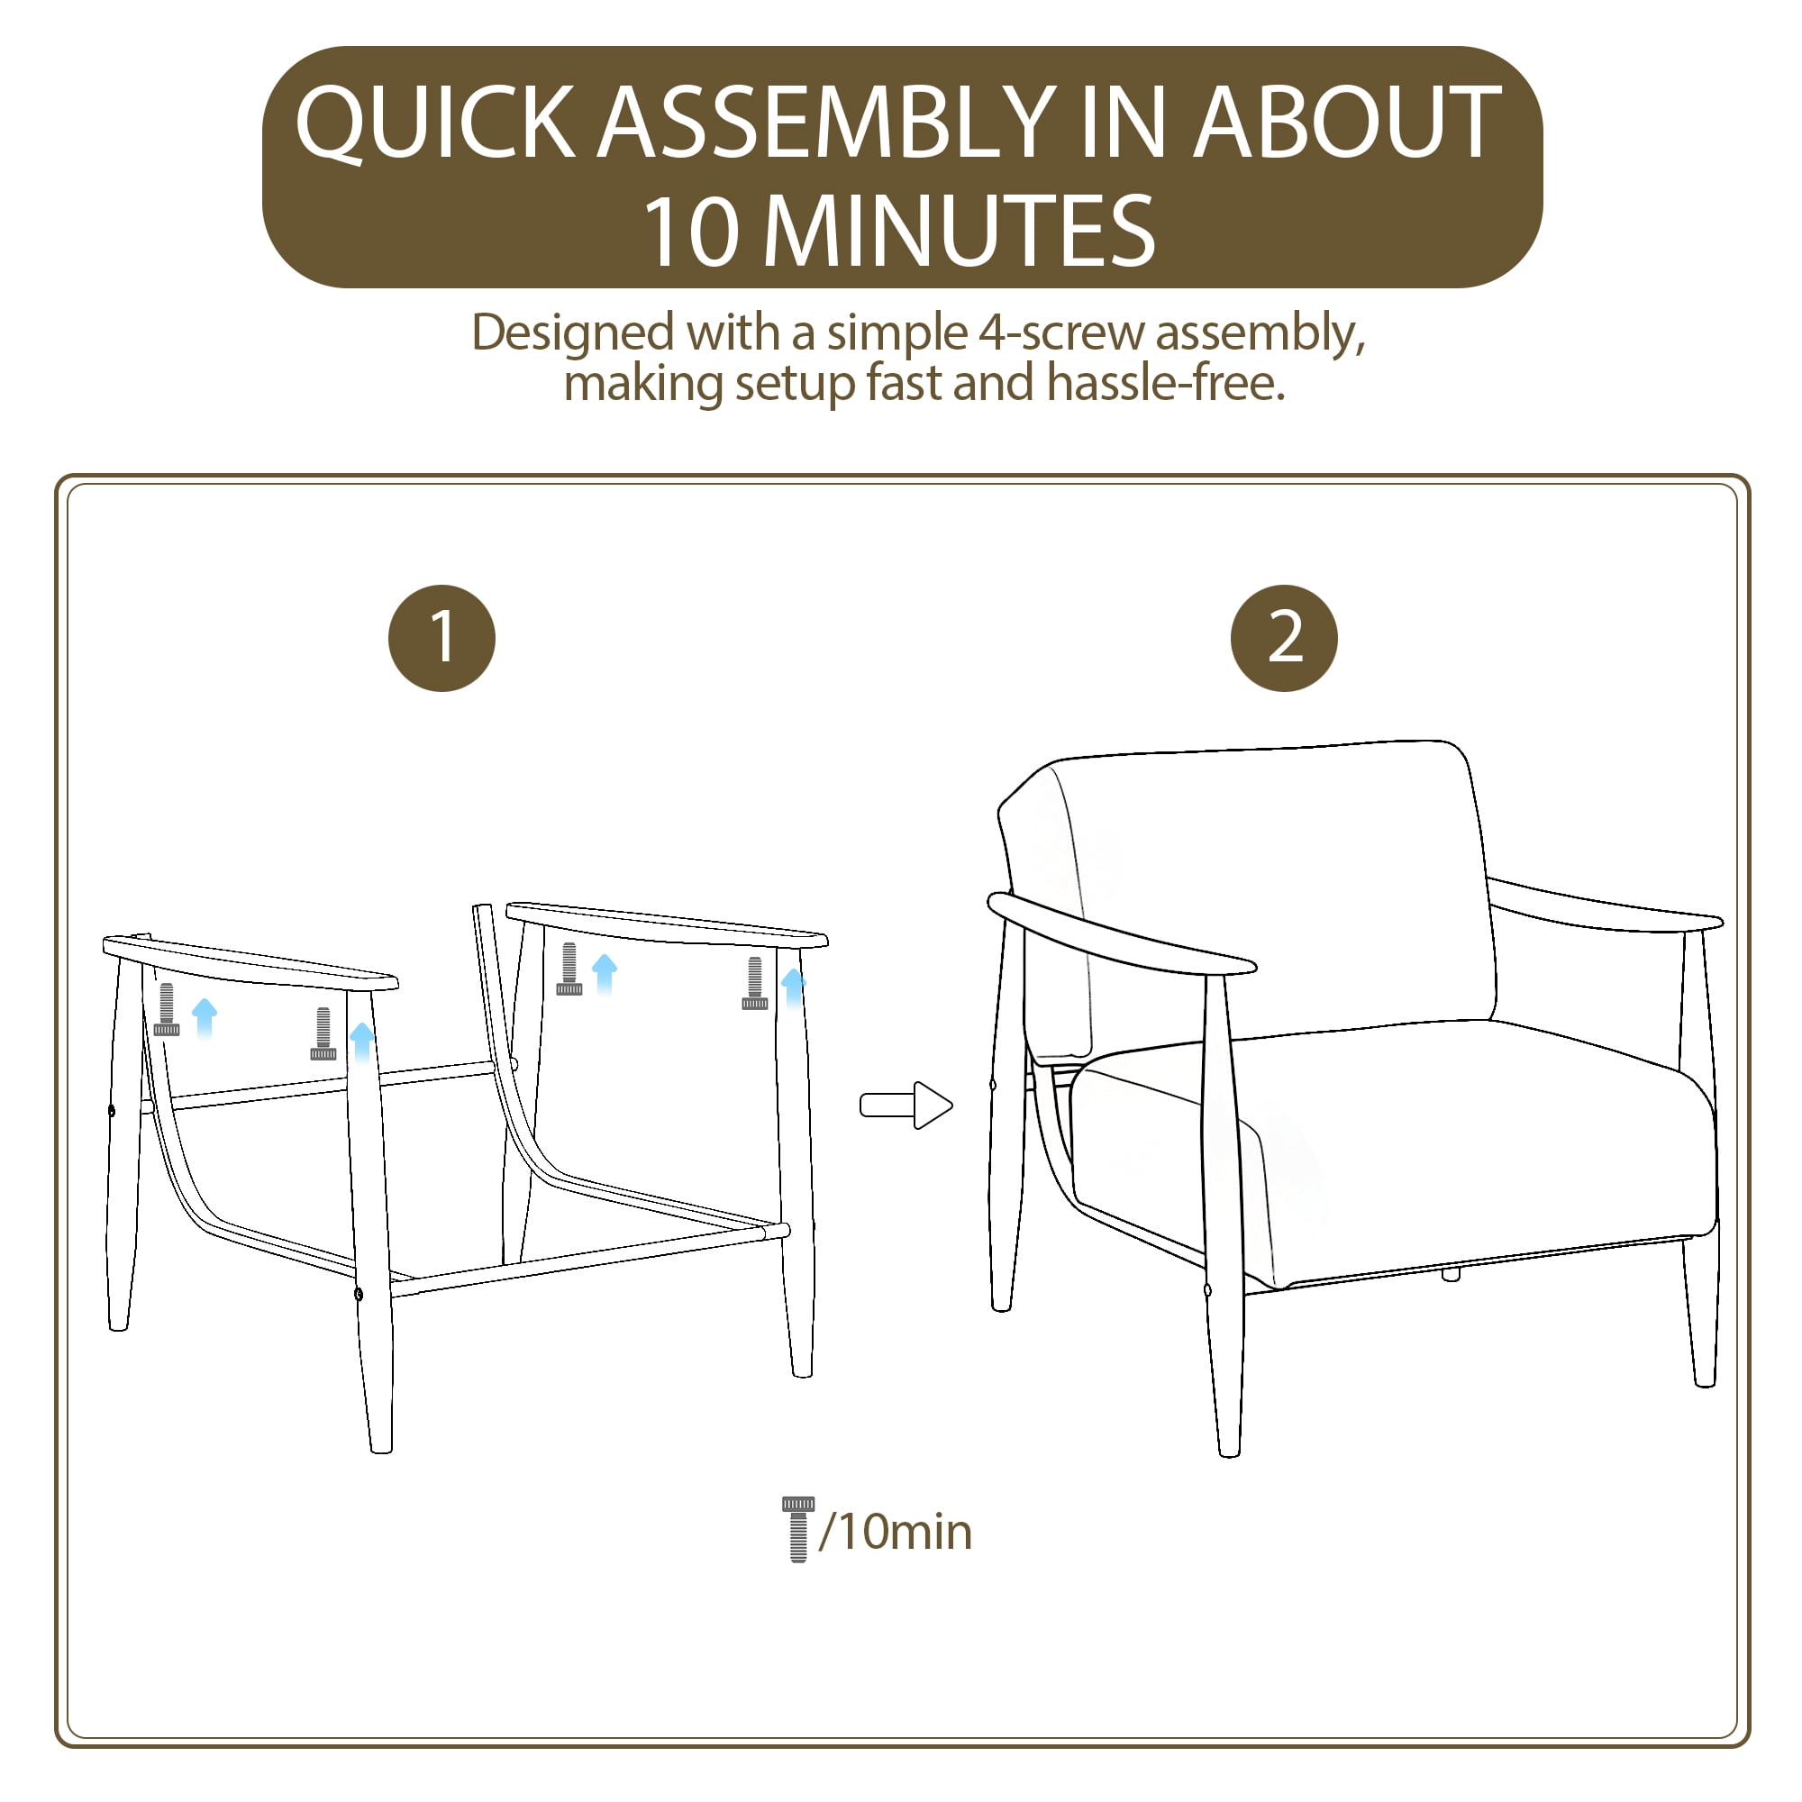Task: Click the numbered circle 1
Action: pos(442,638)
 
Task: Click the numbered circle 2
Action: pos(1284,638)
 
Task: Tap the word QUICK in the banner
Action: pos(434,124)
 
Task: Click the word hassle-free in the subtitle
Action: pos(1166,382)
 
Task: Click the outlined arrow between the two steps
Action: pos(906,1106)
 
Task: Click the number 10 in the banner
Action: pos(691,232)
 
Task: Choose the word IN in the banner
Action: pos(1124,123)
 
